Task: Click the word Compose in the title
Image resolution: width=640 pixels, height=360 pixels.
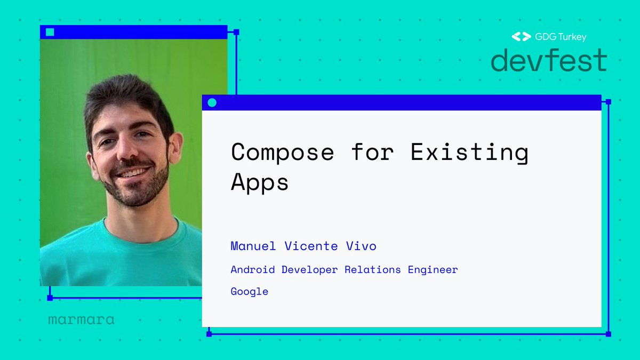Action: pyautogui.click(x=282, y=153)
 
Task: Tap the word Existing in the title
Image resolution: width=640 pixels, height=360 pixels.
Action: pyautogui.click(x=469, y=153)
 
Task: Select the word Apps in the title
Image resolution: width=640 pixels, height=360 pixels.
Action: pyautogui.click(x=260, y=183)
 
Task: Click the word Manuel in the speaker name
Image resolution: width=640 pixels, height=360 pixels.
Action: pyautogui.click(x=253, y=246)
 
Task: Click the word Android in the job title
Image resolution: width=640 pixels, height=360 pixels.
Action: pyautogui.click(x=253, y=269)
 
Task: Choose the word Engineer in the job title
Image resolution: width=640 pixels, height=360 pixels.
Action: pyautogui.click(x=433, y=269)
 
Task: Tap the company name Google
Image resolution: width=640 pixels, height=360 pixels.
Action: pyautogui.click(x=249, y=292)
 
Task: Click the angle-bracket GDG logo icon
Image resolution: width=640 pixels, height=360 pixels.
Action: pyautogui.click(x=521, y=37)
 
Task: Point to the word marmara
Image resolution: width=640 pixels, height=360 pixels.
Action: pyautogui.click(x=81, y=320)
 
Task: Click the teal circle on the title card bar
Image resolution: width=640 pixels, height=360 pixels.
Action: pyautogui.click(x=212, y=102)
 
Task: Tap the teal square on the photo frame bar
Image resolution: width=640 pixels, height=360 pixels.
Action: pyautogui.click(x=50, y=32)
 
